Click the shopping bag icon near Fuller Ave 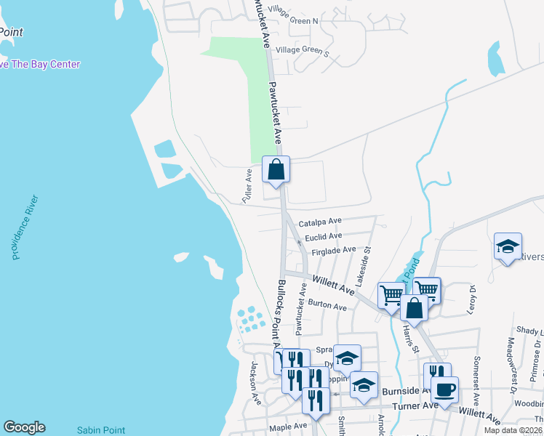[x=276, y=170]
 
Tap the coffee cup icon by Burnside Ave [x=444, y=389]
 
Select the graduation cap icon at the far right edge [x=508, y=246]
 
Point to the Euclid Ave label [x=323, y=236]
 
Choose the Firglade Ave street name [x=334, y=251]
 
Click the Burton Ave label [x=327, y=306]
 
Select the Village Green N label [x=293, y=20]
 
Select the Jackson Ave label [x=256, y=383]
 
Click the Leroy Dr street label [x=472, y=299]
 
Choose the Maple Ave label [x=288, y=427]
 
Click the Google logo [x=24, y=427]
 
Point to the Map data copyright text [x=512, y=430]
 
